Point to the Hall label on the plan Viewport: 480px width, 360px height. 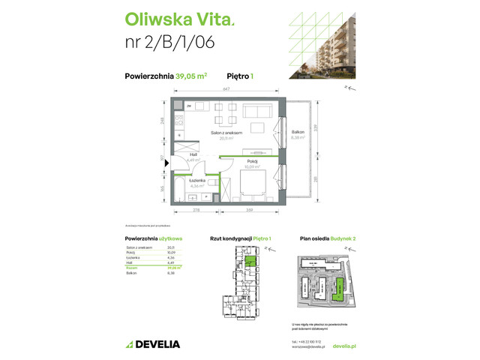(x=193, y=155)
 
